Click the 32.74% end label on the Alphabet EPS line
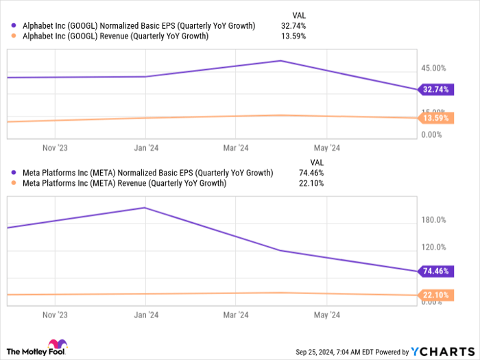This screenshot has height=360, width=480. point(435,89)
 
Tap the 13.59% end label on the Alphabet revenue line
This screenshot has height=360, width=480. point(435,118)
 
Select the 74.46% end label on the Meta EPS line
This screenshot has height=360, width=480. point(435,271)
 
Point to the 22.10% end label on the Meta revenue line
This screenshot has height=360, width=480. point(435,295)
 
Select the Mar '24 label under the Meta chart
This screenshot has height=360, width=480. point(235,315)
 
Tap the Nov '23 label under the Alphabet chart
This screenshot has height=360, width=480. point(55,147)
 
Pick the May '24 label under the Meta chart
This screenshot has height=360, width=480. point(326,315)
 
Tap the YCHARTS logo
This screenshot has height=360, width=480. point(442,351)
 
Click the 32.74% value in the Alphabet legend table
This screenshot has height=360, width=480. point(293,26)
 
